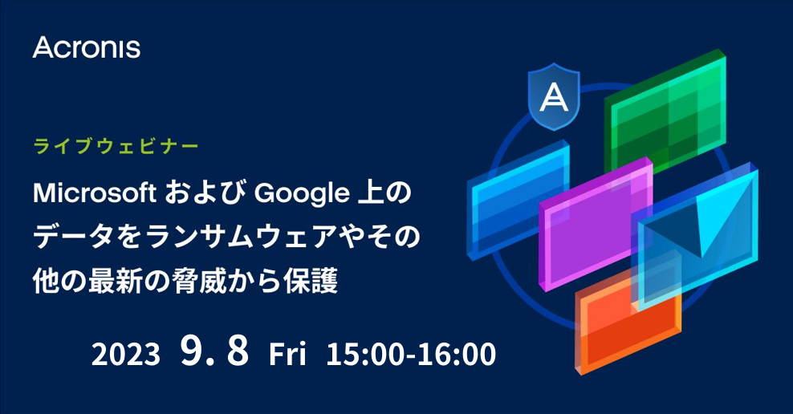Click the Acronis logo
[x=87, y=47]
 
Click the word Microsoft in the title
[x=95, y=193]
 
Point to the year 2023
[x=126, y=355]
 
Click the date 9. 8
[x=214, y=353]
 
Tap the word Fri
[x=287, y=355]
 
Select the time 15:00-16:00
[x=411, y=355]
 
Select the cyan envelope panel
[x=697, y=241]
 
